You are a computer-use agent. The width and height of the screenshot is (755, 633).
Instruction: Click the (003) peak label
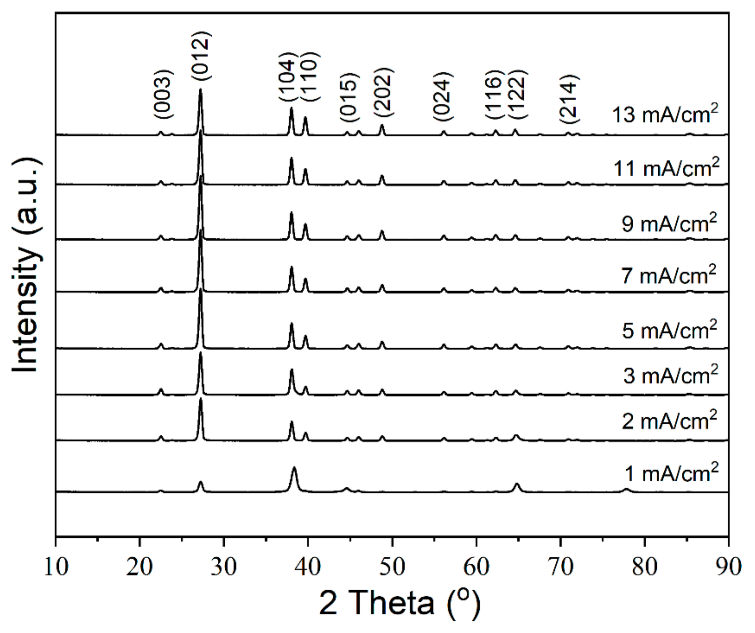coord(164,94)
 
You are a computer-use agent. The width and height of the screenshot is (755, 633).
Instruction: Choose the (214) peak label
coord(568,99)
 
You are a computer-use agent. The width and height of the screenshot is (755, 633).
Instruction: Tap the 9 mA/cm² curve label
coord(669,224)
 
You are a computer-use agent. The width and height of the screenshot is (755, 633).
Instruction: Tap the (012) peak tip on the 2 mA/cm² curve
coord(201,399)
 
